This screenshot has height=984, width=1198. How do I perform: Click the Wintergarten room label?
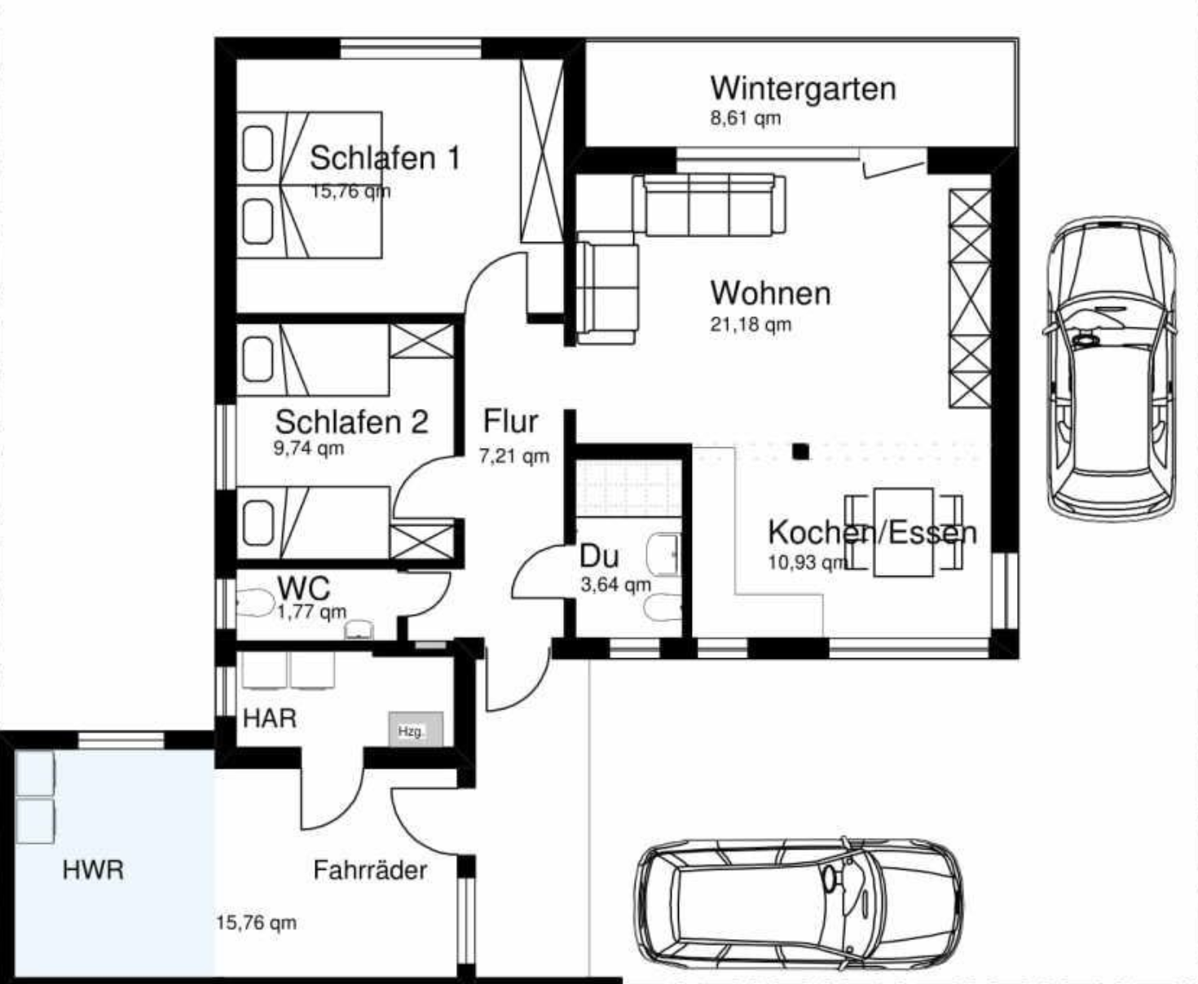pyautogui.click(x=803, y=89)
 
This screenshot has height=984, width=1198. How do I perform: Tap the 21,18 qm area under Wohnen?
pyautogui.click(x=751, y=324)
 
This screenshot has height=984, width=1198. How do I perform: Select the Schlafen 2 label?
pyautogui.click(x=351, y=422)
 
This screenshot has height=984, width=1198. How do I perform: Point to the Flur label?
pyautogui.click(x=510, y=421)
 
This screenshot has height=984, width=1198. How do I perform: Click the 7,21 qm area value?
pyautogui.click(x=514, y=456)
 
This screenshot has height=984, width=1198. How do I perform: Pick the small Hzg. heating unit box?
pyautogui.click(x=416, y=729)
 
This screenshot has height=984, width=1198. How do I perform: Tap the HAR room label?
pyautogui.click(x=270, y=718)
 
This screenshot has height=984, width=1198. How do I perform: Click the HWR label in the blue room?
pyautogui.click(x=93, y=870)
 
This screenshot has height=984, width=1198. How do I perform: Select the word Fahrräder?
pyautogui.click(x=370, y=870)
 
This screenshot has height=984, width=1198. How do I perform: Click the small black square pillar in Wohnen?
pyautogui.click(x=801, y=451)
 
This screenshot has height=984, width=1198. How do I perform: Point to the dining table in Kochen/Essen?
pyautogui.click(x=903, y=532)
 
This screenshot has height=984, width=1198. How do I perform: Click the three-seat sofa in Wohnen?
pyautogui.click(x=710, y=205)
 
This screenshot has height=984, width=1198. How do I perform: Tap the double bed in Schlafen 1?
pyautogui.click(x=309, y=185)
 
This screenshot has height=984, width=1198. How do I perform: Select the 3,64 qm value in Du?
pyautogui.click(x=616, y=584)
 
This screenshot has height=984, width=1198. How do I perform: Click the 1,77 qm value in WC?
pyautogui.click(x=312, y=612)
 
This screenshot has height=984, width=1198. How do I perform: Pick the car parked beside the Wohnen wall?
pyautogui.click(x=1111, y=368)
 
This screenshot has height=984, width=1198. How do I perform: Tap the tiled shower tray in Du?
pyautogui.click(x=629, y=488)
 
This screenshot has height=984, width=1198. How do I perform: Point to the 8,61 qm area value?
pyautogui.click(x=745, y=118)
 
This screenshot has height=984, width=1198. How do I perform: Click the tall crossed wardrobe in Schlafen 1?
pyautogui.click(x=542, y=151)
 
